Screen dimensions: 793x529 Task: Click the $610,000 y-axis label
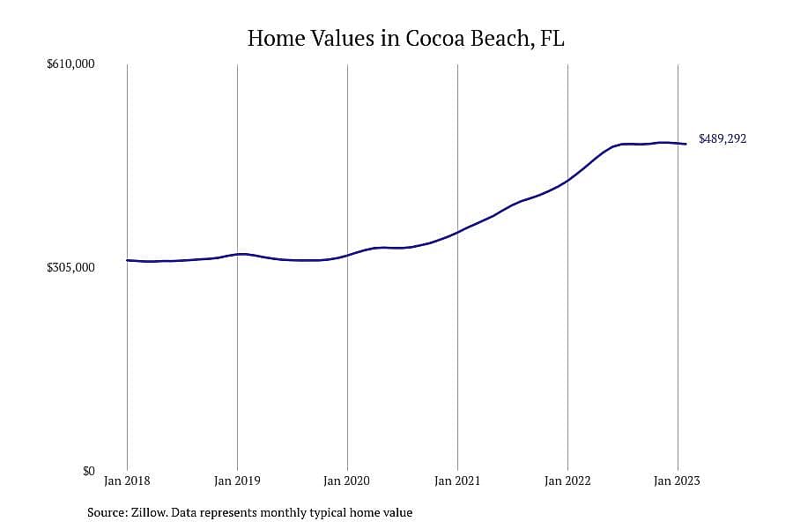70,63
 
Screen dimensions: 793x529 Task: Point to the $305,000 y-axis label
70,267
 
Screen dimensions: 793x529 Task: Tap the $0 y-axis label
88,471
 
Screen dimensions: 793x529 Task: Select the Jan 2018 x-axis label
127,481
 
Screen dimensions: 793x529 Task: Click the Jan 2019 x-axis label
237,481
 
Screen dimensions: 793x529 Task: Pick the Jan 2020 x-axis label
347,481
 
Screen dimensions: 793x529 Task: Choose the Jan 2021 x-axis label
457,481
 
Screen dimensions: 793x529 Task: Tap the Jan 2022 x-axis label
567,481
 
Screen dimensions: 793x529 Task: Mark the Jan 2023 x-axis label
678,481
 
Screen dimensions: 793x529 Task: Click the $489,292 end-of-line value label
723,138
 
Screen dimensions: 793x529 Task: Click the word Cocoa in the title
435,39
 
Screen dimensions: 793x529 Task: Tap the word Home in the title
276,39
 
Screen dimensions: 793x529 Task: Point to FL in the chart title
552,39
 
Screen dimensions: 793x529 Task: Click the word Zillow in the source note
149,512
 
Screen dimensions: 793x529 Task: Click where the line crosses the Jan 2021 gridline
457,232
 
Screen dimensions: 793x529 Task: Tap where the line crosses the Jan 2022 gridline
568,180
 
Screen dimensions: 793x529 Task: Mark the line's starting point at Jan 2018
127,260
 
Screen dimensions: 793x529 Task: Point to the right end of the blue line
686,144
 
